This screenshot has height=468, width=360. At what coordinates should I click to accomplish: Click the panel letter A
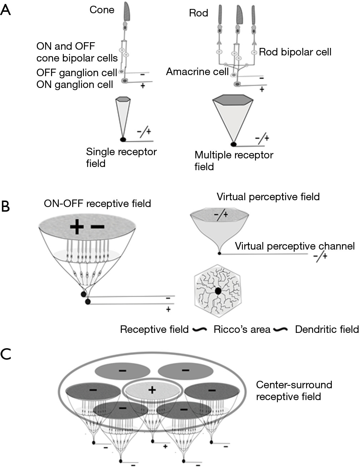coord(6,10)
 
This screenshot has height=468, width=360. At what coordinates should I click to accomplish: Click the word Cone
coord(102,10)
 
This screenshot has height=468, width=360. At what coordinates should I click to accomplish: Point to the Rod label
coord(198,13)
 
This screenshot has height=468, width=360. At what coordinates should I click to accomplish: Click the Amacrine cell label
coord(197,72)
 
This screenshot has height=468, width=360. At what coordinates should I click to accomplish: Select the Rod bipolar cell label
coord(295,52)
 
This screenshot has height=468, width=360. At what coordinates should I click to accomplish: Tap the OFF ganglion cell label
coord(76,73)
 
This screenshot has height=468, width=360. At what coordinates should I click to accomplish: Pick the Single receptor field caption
coord(121,157)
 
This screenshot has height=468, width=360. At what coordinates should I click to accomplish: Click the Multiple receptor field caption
coord(234,161)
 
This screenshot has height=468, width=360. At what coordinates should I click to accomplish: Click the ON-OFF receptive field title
coord(97,204)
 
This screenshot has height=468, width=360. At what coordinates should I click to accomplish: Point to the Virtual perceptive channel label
coord(295,246)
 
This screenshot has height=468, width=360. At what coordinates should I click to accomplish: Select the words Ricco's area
coord(242,329)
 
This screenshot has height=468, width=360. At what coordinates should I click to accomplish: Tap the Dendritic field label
coord(326,329)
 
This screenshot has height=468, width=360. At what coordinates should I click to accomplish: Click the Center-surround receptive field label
coord(294,390)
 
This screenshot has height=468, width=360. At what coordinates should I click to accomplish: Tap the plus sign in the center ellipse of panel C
coord(152,390)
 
